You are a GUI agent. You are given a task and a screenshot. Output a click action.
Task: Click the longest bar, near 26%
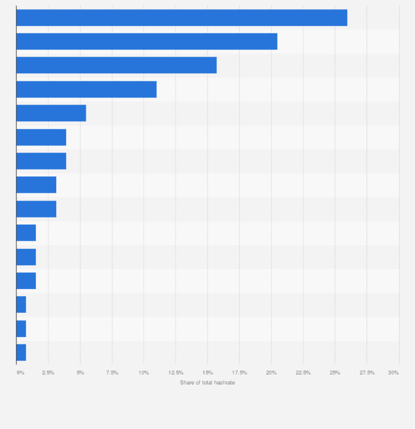point(182,18)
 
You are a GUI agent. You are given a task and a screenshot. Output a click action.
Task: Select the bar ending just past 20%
point(146,41)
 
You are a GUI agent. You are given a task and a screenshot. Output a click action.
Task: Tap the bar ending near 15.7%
point(116,65)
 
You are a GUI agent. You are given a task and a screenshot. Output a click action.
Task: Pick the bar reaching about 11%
point(86,89)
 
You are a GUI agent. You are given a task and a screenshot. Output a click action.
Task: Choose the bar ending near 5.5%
point(51,113)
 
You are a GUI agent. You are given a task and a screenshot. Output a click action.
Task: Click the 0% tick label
point(20,373)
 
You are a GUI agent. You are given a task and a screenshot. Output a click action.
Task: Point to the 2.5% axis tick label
point(48,373)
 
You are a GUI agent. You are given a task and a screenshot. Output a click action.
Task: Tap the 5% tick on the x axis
point(80,373)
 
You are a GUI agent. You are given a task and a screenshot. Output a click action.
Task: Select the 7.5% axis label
point(112,373)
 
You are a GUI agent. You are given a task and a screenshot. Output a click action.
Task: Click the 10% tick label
point(144,373)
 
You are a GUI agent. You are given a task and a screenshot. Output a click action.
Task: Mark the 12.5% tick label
point(176,373)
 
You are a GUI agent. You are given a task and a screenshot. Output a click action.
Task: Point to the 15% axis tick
point(207,373)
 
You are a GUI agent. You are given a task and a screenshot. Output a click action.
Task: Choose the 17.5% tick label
point(239,373)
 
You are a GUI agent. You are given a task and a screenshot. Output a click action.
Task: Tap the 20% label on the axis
point(271,373)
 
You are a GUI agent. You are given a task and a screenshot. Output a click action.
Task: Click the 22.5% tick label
point(303,373)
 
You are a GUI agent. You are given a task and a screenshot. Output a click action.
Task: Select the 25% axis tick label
point(335,373)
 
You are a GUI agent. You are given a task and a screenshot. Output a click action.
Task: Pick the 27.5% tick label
point(367,373)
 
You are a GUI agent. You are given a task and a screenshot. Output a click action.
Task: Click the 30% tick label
point(394,373)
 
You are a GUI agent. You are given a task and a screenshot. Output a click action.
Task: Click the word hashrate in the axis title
point(225,383)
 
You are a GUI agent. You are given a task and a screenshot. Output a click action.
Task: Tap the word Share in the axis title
point(187,383)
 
